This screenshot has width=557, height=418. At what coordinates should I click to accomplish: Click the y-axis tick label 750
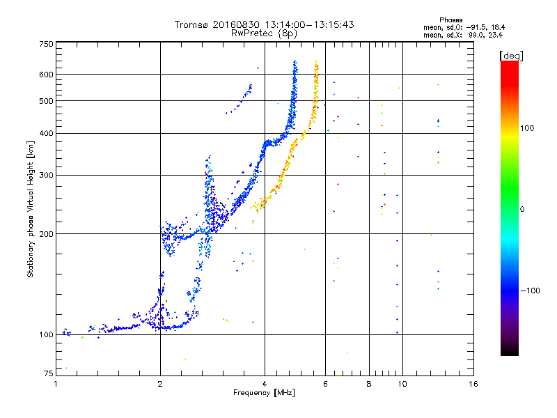(x=46, y=44)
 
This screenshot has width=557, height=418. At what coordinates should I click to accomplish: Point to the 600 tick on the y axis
(x=46, y=75)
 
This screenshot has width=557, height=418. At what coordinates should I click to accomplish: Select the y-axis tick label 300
(x=46, y=176)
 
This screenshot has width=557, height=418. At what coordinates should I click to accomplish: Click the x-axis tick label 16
(x=473, y=383)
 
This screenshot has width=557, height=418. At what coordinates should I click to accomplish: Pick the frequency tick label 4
(x=265, y=383)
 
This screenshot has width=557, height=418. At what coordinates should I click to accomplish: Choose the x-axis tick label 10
(x=402, y=383)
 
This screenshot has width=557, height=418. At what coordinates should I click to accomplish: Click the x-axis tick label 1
(x=56, y=383)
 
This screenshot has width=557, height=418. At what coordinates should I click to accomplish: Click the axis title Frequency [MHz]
(x=265, y=393)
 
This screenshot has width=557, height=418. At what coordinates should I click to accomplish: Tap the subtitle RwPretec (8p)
(x=264, y=33)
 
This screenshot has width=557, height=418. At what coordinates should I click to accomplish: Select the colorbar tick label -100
(x=530, y=291)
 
